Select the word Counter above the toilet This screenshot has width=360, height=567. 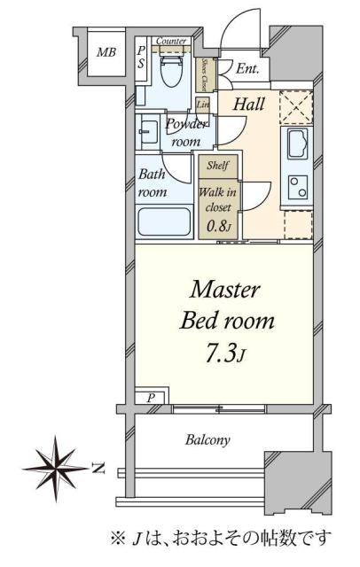click(x=170, y=42)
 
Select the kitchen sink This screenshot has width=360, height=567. click(x=296, y=143)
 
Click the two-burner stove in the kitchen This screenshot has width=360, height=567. click(x=295, y=185)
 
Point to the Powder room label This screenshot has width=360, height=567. click(x=185, y=133)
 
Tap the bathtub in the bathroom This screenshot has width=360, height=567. click(x=164, y=221)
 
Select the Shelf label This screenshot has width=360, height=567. click(x=216, y=166)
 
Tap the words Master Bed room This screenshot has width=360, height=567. click(x=226, y=304)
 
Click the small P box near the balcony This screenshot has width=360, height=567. click(x=151, y=399)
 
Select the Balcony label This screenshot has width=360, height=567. click(x=208, y=439)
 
